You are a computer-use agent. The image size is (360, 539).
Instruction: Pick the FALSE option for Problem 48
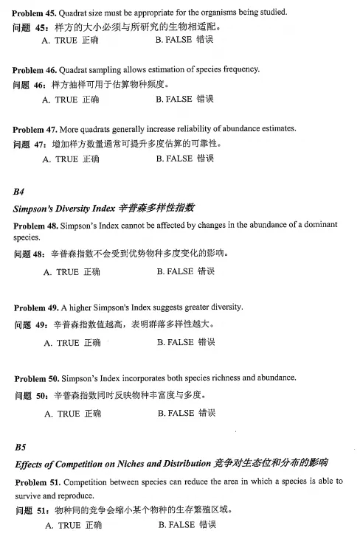(x=185, y=272)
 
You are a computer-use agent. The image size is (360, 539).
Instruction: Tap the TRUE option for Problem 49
(x=72, y=343)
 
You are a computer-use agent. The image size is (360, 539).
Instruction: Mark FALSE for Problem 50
(x=186, y=414)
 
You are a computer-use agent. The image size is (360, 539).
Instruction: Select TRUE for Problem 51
(x=73, y=526)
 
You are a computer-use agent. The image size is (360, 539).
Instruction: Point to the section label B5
(x=21, y=446)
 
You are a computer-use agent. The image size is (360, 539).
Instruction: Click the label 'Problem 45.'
(x=35, y=11)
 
